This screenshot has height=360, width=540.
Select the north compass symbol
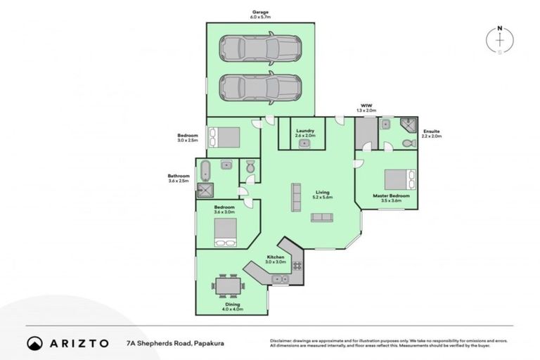(499, 39)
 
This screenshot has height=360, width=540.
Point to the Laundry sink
(304, 143)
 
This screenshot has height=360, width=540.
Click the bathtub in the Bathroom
(205, 169)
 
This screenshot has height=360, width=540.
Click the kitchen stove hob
(297, 265)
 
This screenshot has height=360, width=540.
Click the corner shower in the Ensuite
(409, 126)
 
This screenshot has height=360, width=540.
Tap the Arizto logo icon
(34, 343)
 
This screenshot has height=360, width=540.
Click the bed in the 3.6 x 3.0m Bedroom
(226, 231)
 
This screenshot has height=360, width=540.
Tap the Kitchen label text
(275, 257)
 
